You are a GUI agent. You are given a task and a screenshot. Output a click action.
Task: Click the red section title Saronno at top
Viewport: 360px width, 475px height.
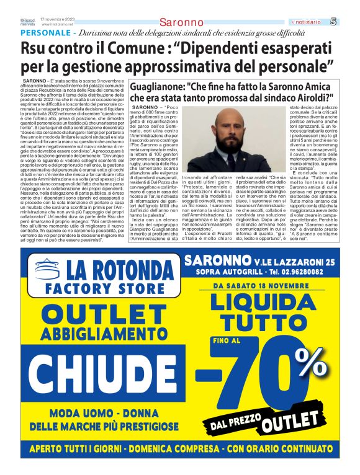click(178, 22)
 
